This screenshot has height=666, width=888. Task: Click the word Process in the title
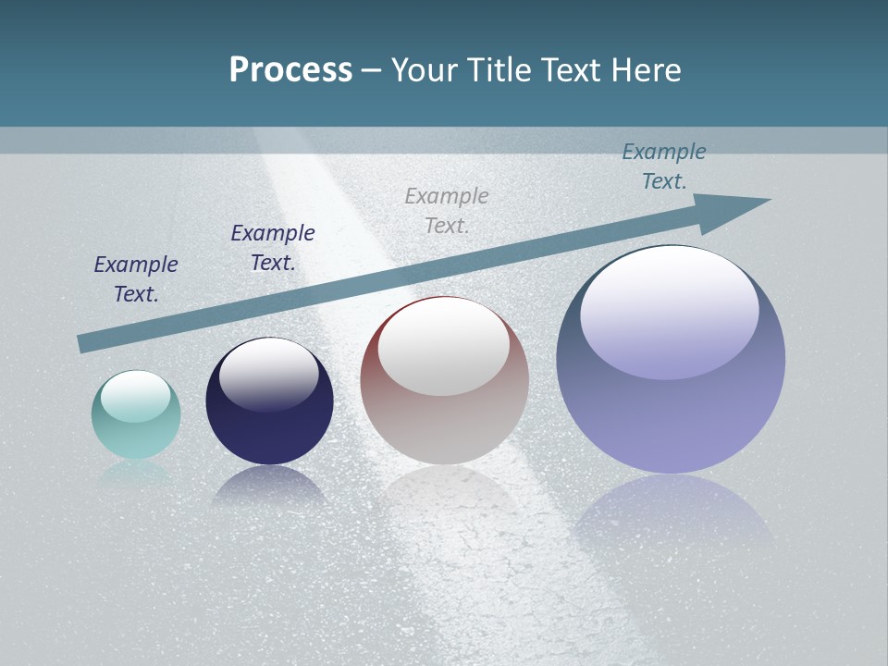290,70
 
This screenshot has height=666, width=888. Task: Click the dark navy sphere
269,430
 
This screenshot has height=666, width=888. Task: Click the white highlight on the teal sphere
136,396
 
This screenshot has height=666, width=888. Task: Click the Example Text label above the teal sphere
136,279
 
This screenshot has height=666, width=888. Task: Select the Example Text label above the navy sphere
273,248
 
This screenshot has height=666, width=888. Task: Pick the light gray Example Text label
447,211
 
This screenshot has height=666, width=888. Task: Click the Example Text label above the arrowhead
664,166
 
